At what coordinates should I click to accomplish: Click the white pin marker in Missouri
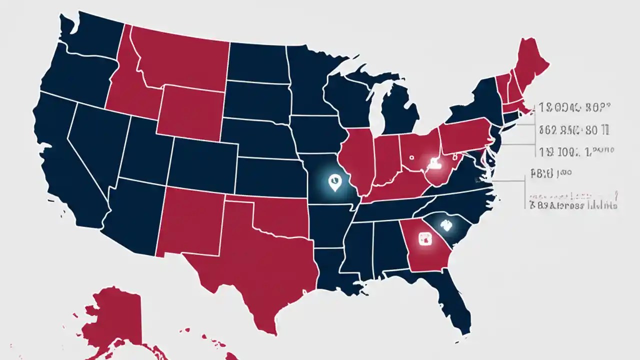click(x=333, y=182)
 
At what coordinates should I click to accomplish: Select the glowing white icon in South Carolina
click(x=445, y=225)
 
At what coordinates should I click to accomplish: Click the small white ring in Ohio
click(x=411, y=156)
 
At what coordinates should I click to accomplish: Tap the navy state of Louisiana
click(x=340, y=270)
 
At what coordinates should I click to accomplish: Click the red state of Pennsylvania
click(x=465, y=135)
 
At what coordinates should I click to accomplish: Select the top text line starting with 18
click(x=575, y=106)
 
